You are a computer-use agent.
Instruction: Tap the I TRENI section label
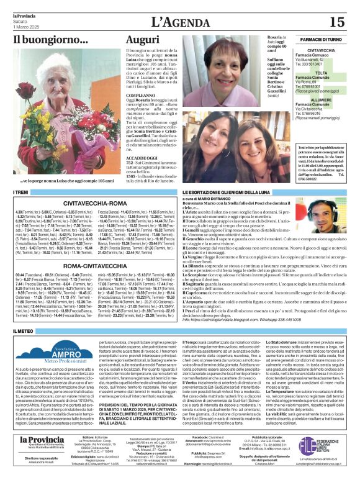pyautogui.click(x=24, y=194)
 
